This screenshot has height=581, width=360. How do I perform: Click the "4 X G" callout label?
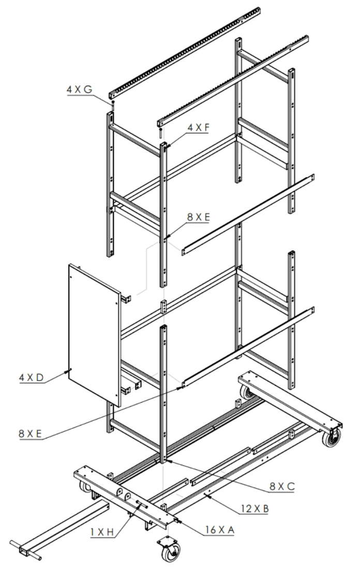tap(79, 89)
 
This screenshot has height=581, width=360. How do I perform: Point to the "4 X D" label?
tap(31, 377)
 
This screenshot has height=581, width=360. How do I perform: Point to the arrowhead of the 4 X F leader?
tap(169, 149)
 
